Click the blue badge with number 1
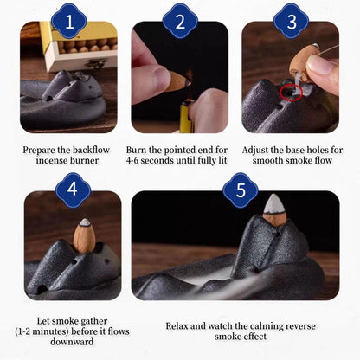tap(69, 21)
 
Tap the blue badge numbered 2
tap(180, 21)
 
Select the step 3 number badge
tap(291, 21)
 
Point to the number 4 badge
tap(73, 190)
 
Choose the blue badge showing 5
tap(241, 190)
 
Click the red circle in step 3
tap(291, 93)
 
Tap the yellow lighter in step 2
tap(186, 115)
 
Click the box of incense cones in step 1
tap(79, 46)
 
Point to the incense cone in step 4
tap(84, 235)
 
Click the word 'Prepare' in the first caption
tap(39, 151)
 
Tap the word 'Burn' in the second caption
tap(137, 150)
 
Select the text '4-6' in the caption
tap(132, 160)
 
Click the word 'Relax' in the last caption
tap(177, 326)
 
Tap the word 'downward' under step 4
tap(72, 342)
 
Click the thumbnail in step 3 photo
tap(321, 66)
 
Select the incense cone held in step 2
tap(177, 81)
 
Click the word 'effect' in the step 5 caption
tap(254, 337)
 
